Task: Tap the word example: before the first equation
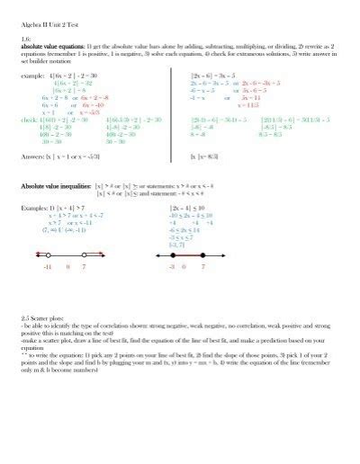pos(32,76)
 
